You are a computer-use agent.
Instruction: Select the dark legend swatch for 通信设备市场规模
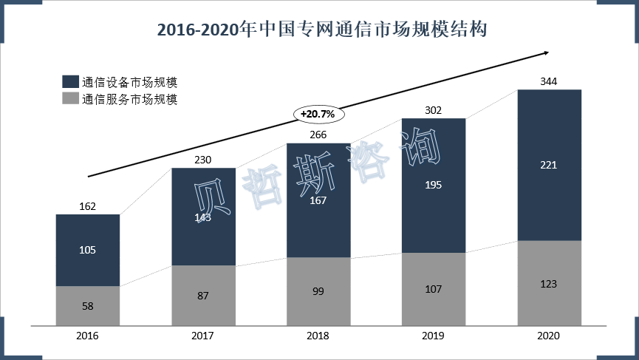point(71,82)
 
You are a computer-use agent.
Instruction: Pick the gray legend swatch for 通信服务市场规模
point(71,99)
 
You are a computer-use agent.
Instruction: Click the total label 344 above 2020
point(549,81)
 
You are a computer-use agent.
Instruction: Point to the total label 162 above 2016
point(87,206)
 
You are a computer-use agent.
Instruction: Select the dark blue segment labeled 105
point(87,250)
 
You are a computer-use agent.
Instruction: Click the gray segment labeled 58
point(87,306)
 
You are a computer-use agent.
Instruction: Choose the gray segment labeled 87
point(203,296)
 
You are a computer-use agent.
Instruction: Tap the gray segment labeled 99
point(318,292)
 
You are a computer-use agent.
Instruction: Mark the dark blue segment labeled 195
point(434,185)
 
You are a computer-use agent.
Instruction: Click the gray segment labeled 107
point(434,289)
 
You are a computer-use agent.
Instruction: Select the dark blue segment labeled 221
point(549,165)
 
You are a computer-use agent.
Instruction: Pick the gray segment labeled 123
point(549,283)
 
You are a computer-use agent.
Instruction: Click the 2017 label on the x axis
point(203,336)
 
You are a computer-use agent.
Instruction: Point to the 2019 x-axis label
point(434,336)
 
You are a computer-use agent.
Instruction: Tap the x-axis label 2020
point(549,336)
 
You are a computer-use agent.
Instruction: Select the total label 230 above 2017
point(203,159)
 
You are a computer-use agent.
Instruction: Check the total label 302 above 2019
point(434,110)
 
